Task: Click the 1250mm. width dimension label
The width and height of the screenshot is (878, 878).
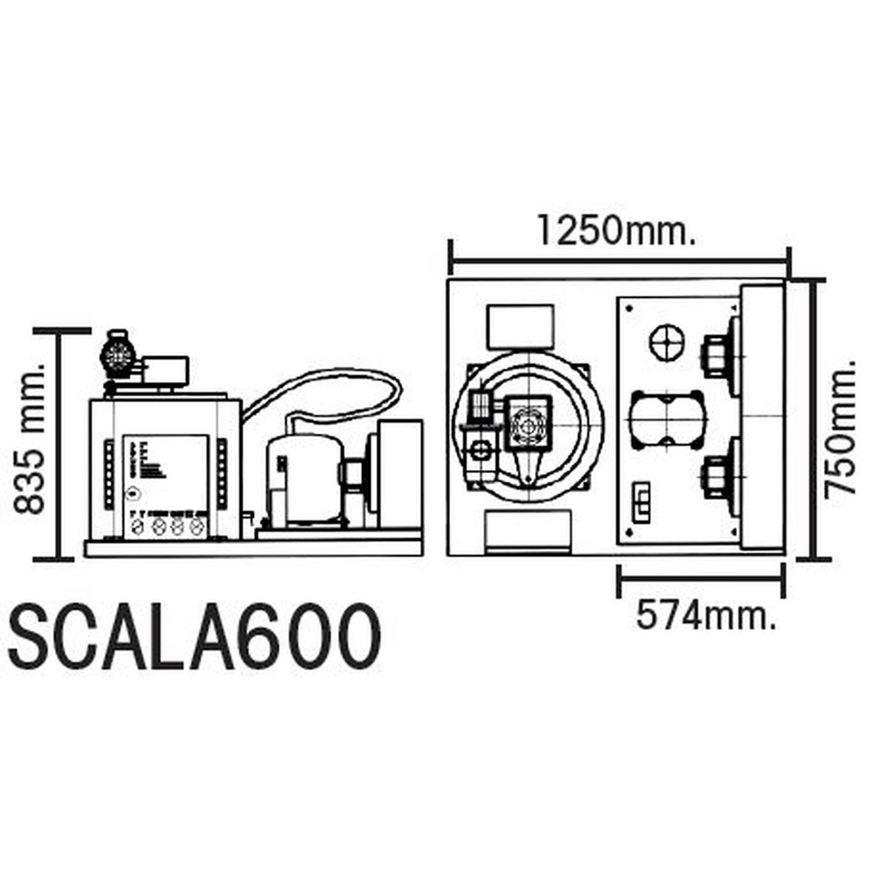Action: (x=616, y=230)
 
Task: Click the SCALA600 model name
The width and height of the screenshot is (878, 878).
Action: (x=195, y=638)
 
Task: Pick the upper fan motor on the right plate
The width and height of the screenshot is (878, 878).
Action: (x=719, y=356)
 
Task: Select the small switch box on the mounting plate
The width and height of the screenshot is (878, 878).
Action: (x=641, y=502)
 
